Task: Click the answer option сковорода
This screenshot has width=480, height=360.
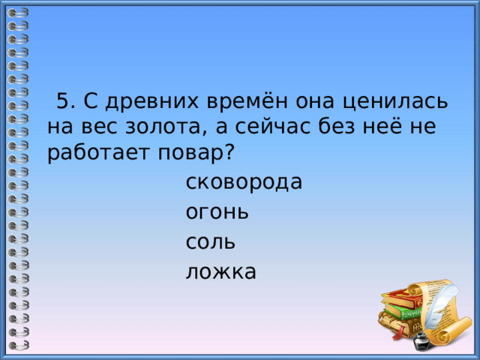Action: coord(244,182)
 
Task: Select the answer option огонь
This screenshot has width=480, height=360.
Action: coord(217,212)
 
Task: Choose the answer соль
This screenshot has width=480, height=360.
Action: coord(210,241)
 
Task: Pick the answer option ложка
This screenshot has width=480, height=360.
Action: coord(221,271)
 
